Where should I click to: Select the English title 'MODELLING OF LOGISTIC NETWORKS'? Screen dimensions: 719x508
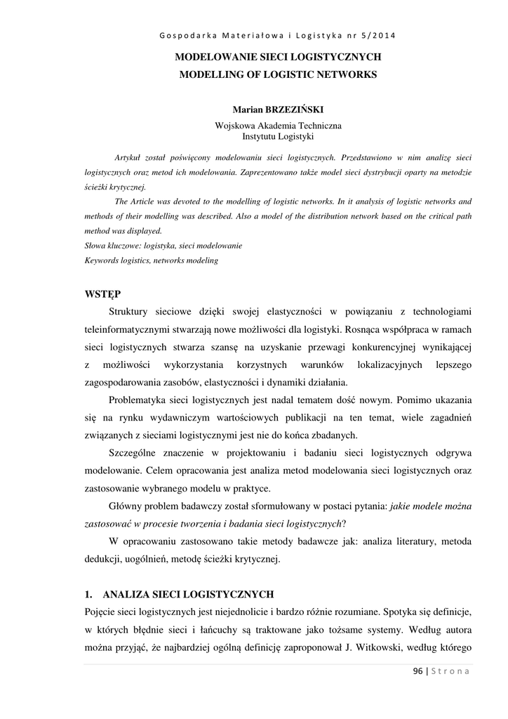(277, 74)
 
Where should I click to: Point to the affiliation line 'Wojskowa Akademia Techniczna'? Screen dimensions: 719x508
(277, 125)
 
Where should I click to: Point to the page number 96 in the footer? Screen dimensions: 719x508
(417, 671)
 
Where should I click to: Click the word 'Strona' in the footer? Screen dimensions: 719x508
(450, 671)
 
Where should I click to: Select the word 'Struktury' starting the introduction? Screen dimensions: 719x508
(131, 311)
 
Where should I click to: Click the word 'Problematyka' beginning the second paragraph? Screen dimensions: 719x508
(141, 400)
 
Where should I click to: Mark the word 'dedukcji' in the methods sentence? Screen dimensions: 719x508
(102, 560)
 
